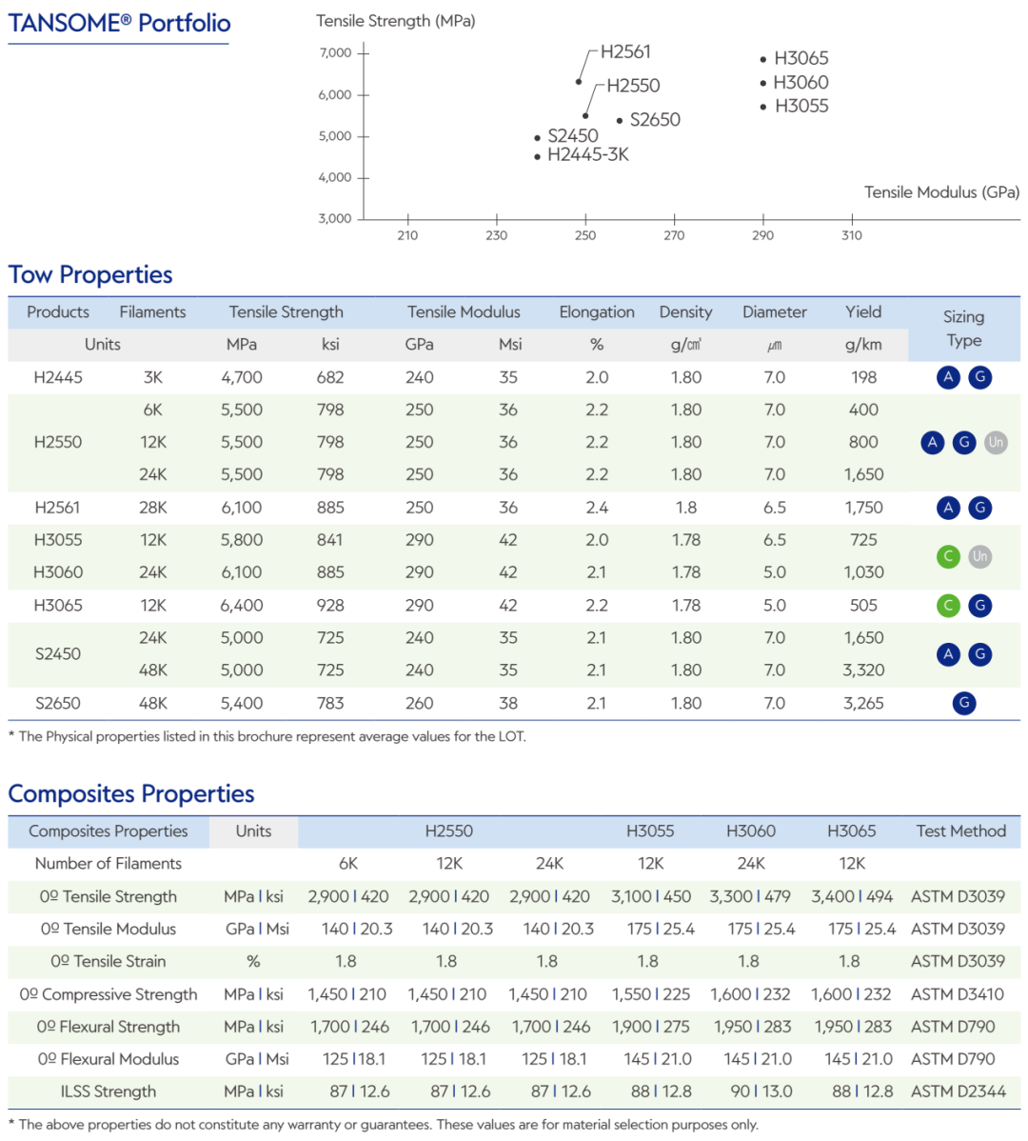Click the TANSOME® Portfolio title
[119, 23]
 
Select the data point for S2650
[620, 121]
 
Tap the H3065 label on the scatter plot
[801, 58]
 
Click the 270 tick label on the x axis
[674, 235]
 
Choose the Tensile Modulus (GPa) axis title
[941, 192]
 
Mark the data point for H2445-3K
[537, 156]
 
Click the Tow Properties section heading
[90, 275]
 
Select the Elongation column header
[597, 312]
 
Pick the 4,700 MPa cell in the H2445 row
[242, 378]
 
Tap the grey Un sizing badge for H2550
[996, 443]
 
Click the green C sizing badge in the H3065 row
[948, 606]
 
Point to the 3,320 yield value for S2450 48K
[863, 671]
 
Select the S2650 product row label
[58, 704]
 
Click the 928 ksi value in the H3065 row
[330, 606]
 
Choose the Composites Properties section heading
[130, 794]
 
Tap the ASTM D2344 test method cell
[959, 1091]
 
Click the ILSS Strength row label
[109, 1091]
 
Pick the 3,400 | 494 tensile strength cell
[852, 896]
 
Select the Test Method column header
[961, 831]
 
